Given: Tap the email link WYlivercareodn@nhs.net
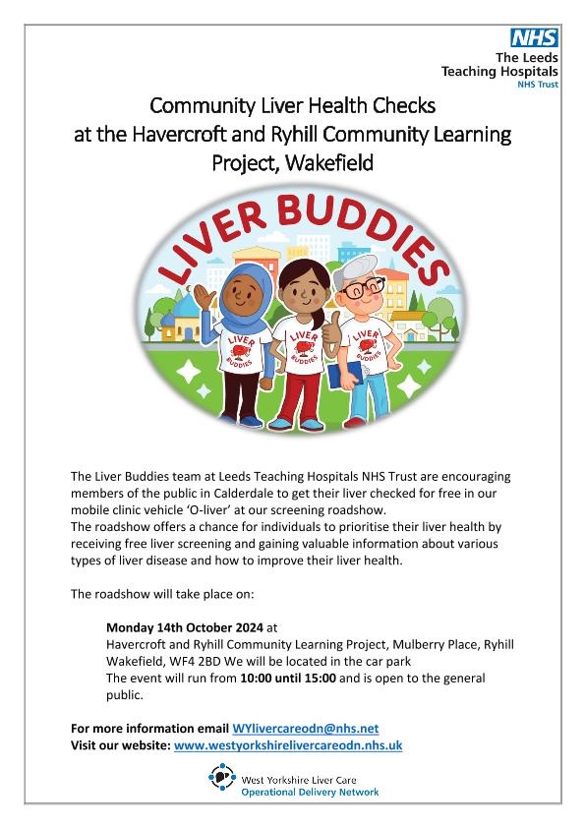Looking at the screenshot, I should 305,728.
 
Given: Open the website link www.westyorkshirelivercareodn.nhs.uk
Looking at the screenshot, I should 287,745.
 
